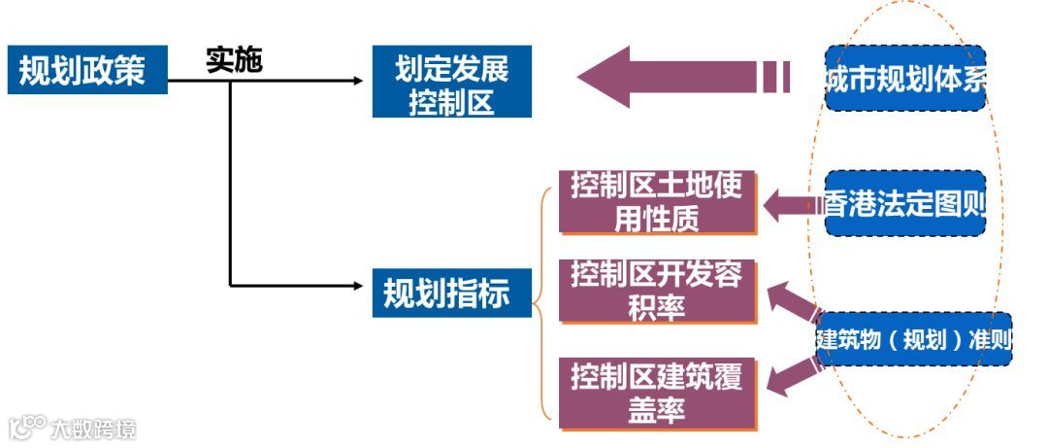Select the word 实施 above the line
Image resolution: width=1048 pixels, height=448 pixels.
coord(234,61)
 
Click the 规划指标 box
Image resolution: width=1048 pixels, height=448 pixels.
coord(452,292)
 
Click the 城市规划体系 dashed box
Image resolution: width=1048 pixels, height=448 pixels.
coord(906,79)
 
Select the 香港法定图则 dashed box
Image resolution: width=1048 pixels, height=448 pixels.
coord(905,204)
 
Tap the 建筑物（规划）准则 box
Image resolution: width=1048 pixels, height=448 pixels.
coord(913,339)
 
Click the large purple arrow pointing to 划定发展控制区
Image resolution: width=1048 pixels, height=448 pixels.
coord(670,77)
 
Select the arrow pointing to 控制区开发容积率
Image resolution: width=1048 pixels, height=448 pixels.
coord(791,301)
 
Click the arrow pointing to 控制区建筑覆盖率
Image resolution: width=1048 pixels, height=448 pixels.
coord(791,374)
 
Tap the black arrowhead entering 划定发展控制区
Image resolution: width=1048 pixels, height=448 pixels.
coord(358,81)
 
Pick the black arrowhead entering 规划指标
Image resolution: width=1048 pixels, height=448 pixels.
coord(358,286)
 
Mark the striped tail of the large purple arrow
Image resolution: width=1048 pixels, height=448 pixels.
coord(776,77)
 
